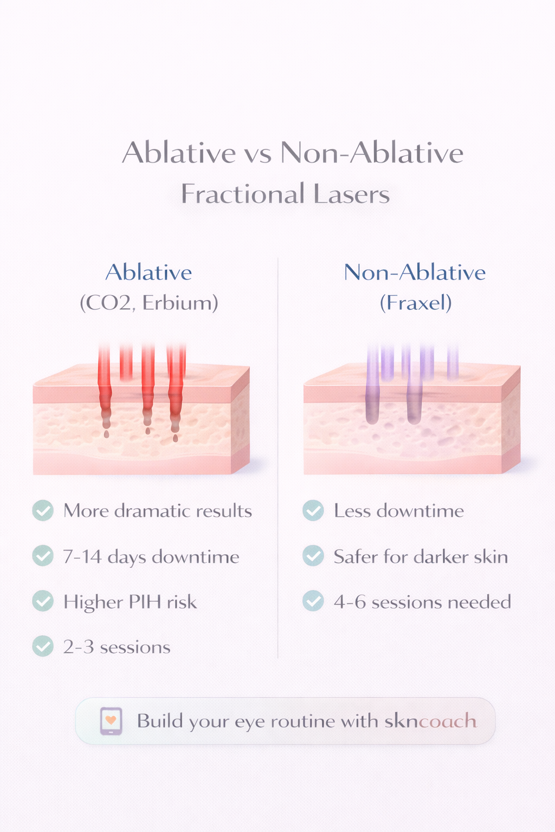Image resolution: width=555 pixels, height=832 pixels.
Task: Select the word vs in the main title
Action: point(257,153)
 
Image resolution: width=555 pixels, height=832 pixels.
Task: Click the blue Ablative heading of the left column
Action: point(149,272)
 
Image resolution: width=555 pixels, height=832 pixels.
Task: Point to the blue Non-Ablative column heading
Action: point(415,272)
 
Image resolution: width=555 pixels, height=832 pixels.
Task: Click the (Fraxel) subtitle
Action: point(416,303)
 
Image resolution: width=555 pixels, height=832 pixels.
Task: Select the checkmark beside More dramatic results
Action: point(43,510)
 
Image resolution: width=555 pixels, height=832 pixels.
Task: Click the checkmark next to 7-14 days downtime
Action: point(43,556)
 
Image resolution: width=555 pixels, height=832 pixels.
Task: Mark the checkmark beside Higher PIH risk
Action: point(43,601)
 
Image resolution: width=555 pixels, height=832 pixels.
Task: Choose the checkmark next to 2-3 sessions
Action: point(43,646)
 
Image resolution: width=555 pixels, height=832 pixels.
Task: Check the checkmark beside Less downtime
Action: point(313,510)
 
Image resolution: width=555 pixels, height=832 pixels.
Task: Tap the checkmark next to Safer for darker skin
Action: point(313,556)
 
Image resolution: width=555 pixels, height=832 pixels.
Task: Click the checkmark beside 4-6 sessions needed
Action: point(313,601)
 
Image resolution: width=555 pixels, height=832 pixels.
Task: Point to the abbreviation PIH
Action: point(145,602)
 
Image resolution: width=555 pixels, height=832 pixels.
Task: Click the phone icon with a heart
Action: point(111,721)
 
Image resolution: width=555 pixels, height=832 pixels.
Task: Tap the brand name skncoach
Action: point(430,721)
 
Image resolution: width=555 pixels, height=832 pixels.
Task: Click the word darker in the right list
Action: point(438,556)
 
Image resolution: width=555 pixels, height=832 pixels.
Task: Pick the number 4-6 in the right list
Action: point(350,602)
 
